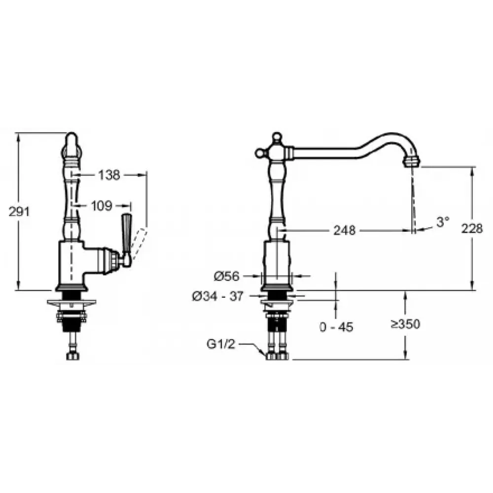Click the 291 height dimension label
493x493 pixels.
click(x=19, y=211)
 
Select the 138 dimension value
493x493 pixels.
click(x=109, y=175)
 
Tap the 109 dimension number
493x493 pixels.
click(x=102, y=206)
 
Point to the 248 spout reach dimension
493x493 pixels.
click(x=344, y=230)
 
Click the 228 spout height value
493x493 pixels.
click(x=472, y=228)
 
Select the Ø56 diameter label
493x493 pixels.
click(x=226, y=277)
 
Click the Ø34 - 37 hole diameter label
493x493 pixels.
click(x=218, y=296)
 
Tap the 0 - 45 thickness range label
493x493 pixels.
click(x=336, y=327)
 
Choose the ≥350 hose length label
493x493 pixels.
click(x=406, y=324)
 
